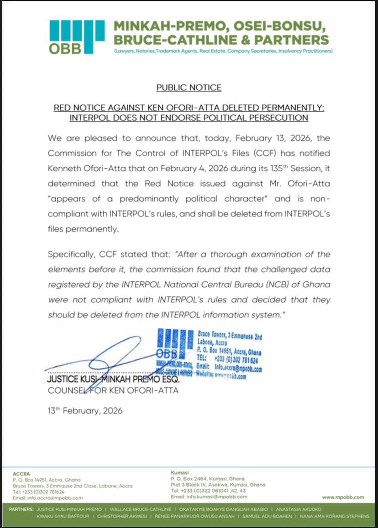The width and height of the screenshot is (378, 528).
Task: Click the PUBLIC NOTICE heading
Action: click(189, 87)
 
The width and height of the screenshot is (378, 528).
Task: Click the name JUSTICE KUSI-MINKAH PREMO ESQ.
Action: click(114, 379)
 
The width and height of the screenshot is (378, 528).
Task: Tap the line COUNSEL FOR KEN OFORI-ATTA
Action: click(113, 390)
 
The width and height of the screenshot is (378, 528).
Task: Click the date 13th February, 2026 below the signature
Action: click(85, 410)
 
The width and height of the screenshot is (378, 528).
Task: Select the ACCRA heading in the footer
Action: click(21, 473)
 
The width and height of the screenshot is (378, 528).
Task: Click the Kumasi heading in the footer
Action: click(179, 473)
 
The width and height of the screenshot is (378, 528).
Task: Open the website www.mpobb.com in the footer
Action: click(343, 497)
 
